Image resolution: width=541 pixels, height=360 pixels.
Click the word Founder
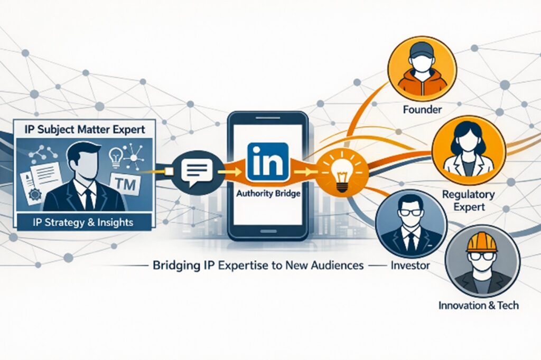click(x=422, y=111)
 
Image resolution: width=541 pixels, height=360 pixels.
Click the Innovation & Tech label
click(x=479, y=305)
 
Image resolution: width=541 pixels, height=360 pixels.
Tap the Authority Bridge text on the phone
click(x=269, y=194)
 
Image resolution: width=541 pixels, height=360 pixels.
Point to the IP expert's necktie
click(x=88, y=198)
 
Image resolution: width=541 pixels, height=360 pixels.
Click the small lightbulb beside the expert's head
click(x=116, y=156)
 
